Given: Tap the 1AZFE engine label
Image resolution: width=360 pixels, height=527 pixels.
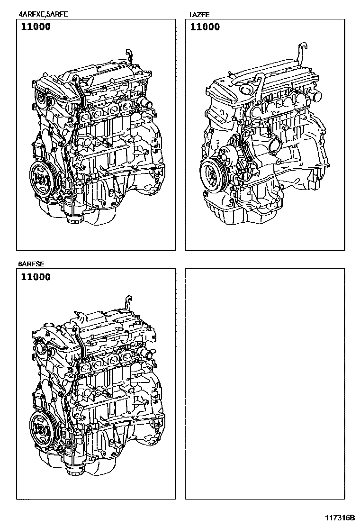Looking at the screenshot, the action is pos(199,14).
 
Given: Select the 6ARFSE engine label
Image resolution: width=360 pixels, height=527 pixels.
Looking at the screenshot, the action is pos(31,264).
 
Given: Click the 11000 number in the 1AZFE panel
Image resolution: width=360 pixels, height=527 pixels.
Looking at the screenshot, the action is pos(205,27).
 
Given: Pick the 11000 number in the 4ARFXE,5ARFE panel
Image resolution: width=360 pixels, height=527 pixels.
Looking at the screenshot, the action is pos(36,27).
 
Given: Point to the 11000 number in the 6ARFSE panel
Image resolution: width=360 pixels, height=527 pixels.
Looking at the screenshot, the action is pos(36,277).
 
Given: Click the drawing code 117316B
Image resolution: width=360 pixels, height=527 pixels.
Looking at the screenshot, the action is pos(340,517).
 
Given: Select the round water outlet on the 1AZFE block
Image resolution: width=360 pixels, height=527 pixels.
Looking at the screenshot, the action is pos(275,147).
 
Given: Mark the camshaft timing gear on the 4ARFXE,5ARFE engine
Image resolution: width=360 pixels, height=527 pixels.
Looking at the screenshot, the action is pos(42,99).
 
